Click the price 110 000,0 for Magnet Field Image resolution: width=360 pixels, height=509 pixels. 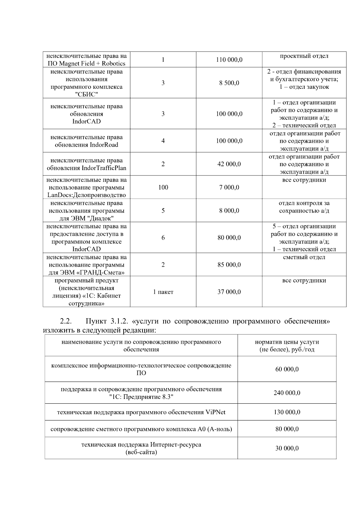[229, 60]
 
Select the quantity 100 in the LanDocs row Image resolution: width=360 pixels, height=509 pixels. [163, 187]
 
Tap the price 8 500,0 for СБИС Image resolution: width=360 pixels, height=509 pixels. [229, 83]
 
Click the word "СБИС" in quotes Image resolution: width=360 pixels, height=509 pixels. [86, 95]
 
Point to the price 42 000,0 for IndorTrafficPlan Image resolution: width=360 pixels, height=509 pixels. [229, 164]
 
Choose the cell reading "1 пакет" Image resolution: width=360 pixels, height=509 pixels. [163, 292]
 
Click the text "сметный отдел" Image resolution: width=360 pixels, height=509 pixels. [304, 257]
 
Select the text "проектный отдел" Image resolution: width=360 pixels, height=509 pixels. [304, 56]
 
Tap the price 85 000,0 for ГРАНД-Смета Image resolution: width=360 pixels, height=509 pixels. [229, 265]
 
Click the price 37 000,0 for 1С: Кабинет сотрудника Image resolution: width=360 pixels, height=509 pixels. [229, 292]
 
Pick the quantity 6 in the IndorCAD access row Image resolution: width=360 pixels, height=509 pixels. [163, 238]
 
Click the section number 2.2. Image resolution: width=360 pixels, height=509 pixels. [66, 322]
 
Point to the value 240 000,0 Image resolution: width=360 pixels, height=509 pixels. [287, 393]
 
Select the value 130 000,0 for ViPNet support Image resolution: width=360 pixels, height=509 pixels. [287, 412]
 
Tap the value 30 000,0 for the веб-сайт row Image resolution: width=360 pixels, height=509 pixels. [287, 448]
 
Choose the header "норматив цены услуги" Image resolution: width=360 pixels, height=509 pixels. [287, 342]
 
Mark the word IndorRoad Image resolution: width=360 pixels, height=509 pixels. [104, 145]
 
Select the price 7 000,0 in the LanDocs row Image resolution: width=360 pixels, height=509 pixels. [229, 187]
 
